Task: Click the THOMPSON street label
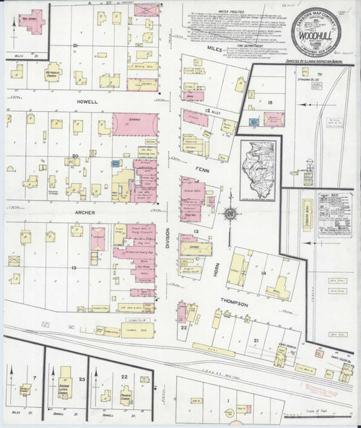click(235, 305)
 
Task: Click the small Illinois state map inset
click(257, 170)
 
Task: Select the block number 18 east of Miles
click(270, 103)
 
